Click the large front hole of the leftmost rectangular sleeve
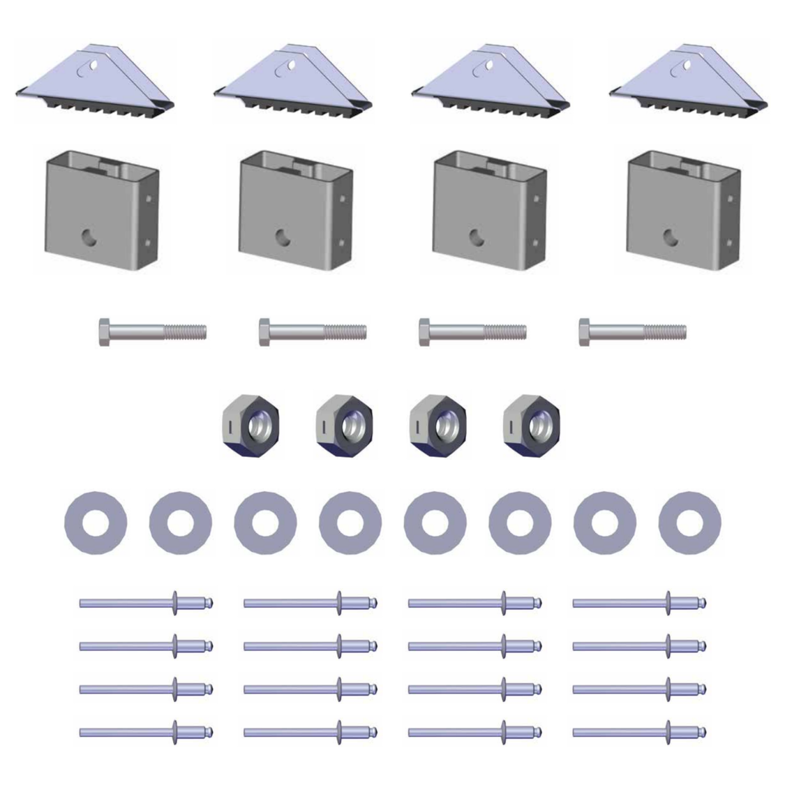coord(89,237)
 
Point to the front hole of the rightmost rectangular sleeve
coord(671,237)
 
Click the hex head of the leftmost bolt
coord(104,331)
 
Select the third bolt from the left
coord(472,331)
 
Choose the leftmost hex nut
coord(251,426)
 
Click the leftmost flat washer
coord(96,523)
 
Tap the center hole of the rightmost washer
coord(690,523)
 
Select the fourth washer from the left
coord(350,523)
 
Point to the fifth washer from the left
coord(435,523)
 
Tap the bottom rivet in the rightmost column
coord(638,732)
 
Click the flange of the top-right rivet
coord(668,602)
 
